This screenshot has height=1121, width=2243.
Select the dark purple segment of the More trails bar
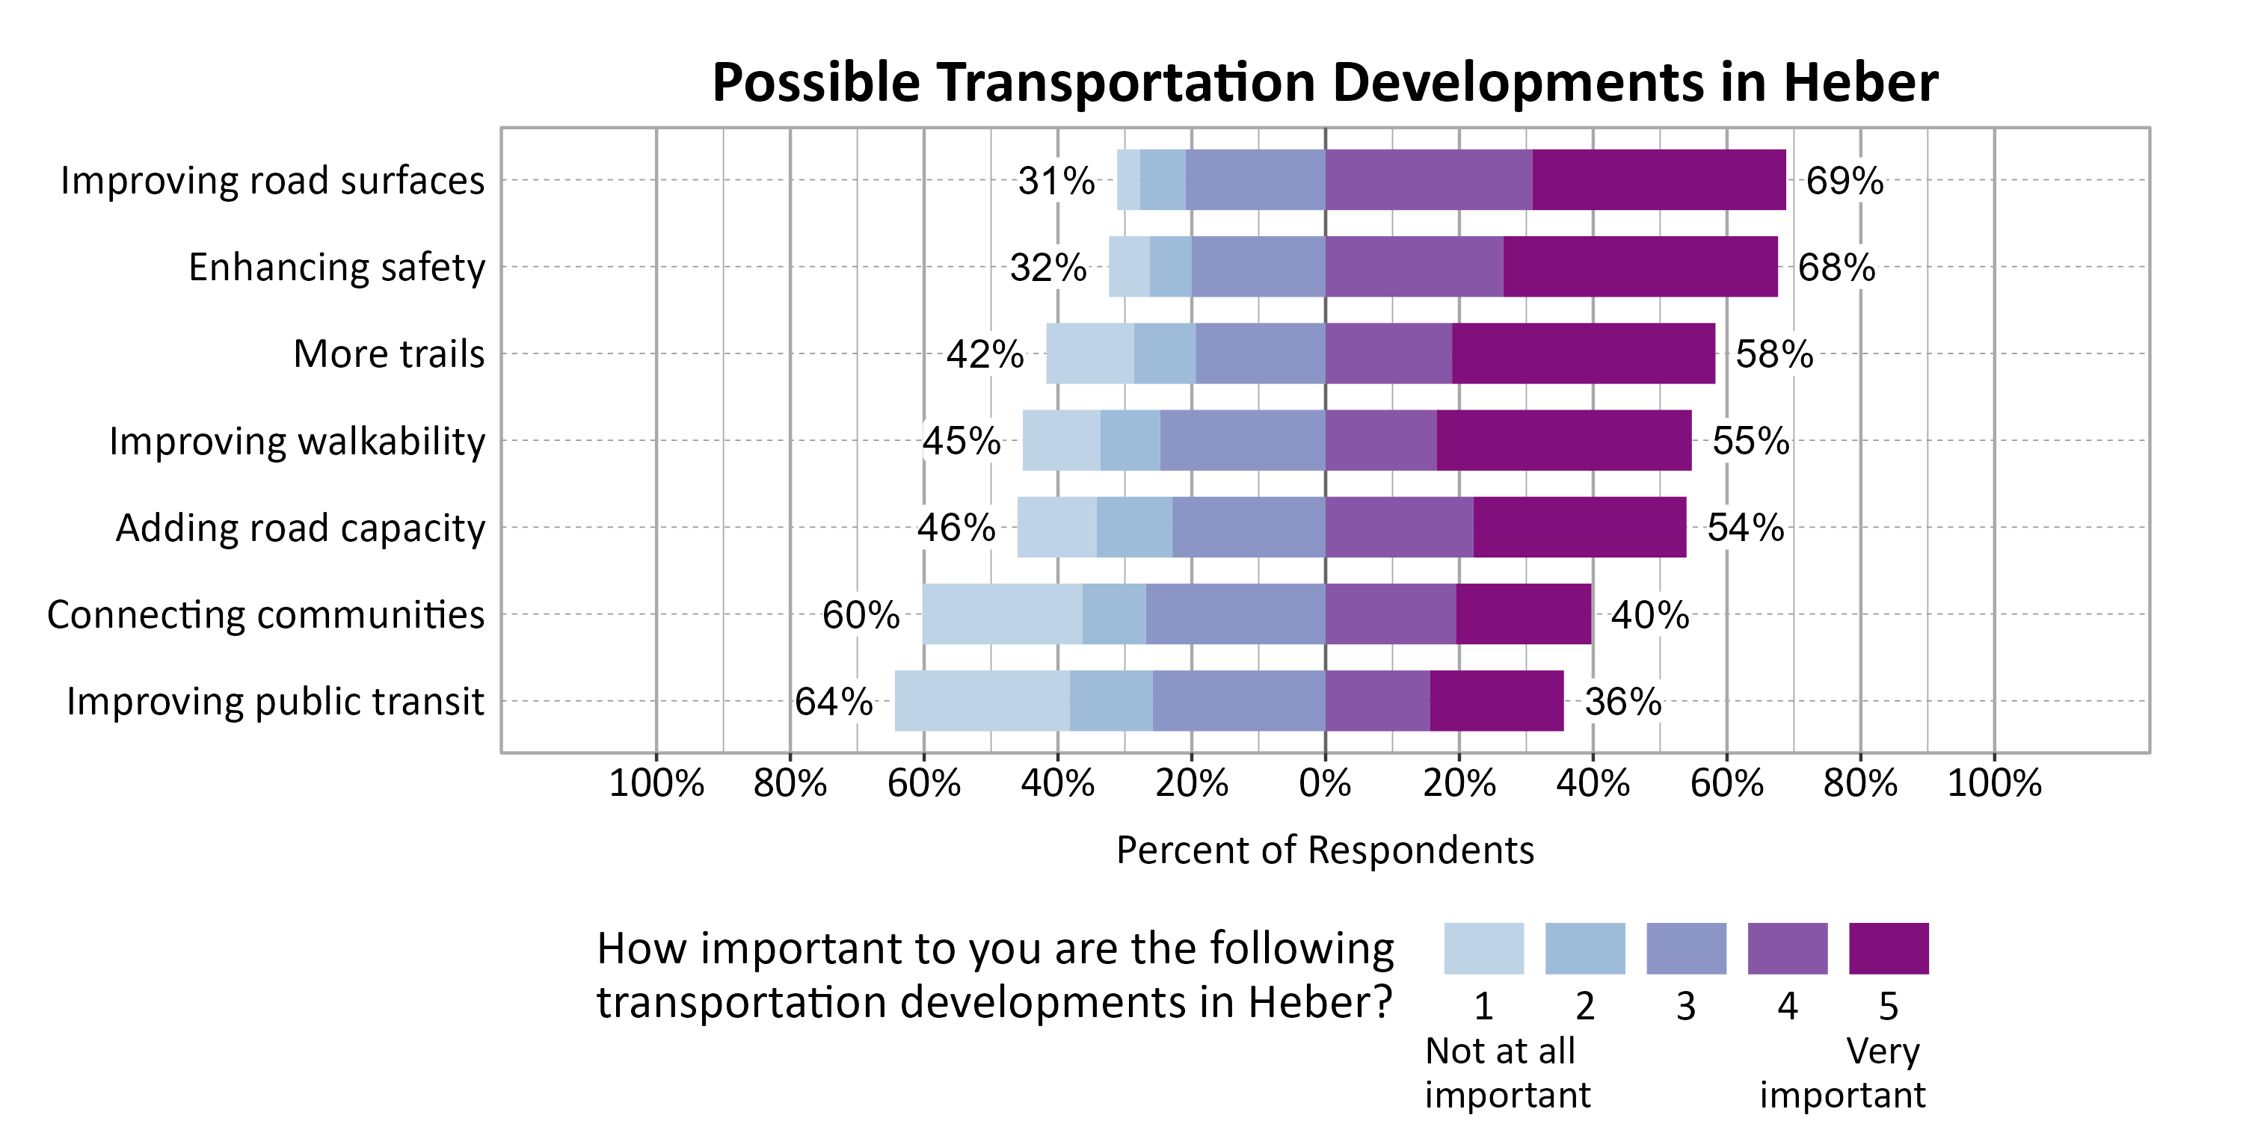(1582, 353)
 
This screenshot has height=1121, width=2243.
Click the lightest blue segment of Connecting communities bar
(1001, 614)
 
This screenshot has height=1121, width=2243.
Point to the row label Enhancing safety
(336, 268)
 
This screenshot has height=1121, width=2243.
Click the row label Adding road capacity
(300, 528)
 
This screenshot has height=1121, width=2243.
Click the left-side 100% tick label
(656, 783)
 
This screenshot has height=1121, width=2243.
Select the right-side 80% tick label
(1860, 783)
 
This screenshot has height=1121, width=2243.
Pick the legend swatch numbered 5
(1888, 948)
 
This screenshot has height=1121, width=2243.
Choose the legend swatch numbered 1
(1483, 948)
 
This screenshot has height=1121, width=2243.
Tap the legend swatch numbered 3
(1686, 948)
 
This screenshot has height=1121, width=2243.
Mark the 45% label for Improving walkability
(961, 441)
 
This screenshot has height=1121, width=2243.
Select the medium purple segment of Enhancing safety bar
(1413, 266)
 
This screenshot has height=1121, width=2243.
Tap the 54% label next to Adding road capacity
(1744, 528)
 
